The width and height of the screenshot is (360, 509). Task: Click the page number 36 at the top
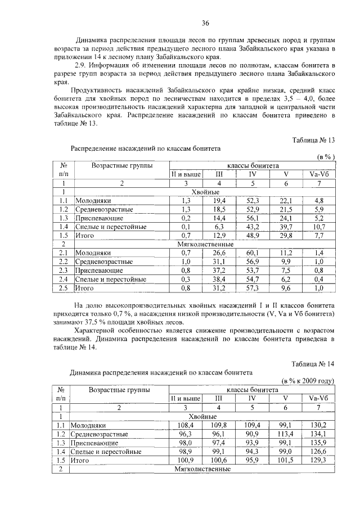point(205,23)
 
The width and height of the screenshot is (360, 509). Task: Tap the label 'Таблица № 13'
point(313,139)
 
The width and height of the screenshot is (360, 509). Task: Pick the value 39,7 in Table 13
point(286,227)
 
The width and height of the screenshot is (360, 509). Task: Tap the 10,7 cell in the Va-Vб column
point(319,227)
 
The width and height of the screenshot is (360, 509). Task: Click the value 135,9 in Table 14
point(319,443)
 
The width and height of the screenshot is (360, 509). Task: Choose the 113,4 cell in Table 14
point(286,434)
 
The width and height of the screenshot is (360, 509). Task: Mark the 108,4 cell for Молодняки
point(186,425)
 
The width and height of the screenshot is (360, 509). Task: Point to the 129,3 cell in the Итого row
point(319,460)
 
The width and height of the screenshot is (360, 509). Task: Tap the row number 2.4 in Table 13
point(64,279)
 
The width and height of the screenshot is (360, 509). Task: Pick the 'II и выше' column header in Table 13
point(186,174)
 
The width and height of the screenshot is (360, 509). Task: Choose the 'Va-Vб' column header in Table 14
point(319,399)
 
